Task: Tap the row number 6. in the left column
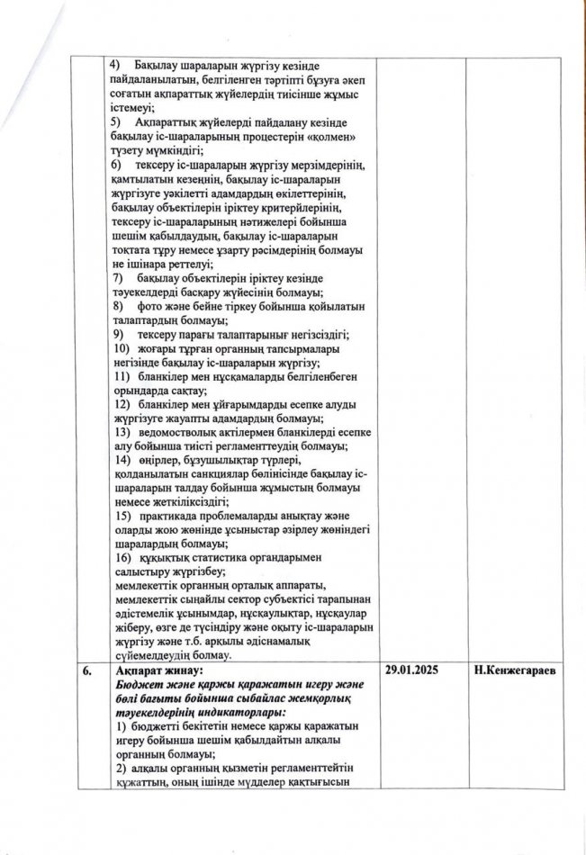91,670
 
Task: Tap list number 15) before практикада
120,516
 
